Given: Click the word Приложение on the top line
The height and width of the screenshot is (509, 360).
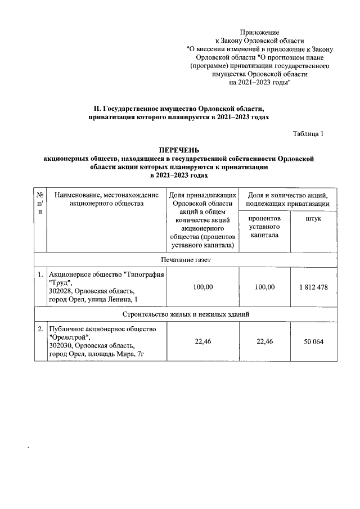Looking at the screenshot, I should click(259, 33).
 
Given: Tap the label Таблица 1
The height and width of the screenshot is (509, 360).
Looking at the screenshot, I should click(308, 134).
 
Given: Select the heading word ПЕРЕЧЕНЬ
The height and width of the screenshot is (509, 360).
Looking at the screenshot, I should click(179, 151).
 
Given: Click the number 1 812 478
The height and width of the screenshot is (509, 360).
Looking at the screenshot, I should click(313, 287).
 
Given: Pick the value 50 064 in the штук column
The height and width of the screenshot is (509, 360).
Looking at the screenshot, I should click(313, 341).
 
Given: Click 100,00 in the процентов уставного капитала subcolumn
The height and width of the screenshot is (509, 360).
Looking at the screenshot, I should click(264, 287).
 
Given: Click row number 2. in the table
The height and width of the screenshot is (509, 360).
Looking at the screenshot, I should click(40, 328).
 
